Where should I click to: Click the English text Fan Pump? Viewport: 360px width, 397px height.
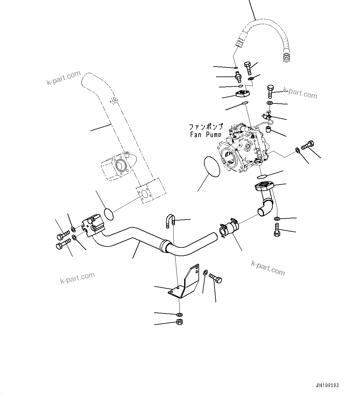pyautogui.click(x=206, y=134)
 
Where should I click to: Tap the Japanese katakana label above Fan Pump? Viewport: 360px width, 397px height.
pyautogui.click(x=206, y=127)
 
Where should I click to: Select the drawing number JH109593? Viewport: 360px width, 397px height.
pyautogui.click(x=327, y=386)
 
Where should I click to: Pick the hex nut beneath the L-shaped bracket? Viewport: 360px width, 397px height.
pyautogui.click(x=179, y=322)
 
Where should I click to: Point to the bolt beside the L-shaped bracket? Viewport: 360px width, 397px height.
pyautogui.click(x=215, y=278)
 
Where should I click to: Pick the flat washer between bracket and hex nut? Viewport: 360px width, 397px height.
pyautogui.click(x=179, y=314)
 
